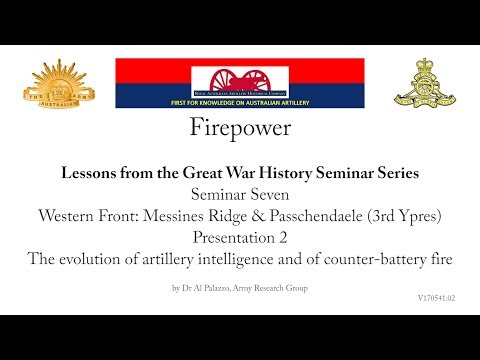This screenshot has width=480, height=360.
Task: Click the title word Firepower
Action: click(x=240, y=129)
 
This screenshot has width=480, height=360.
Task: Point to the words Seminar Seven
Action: click(x=240, y=193)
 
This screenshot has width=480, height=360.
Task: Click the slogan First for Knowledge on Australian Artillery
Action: click(x=240, y=104)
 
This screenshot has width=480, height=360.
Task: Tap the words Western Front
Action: click(x=86, y=213)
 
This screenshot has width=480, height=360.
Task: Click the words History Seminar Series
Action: click(x=331, y=173)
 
